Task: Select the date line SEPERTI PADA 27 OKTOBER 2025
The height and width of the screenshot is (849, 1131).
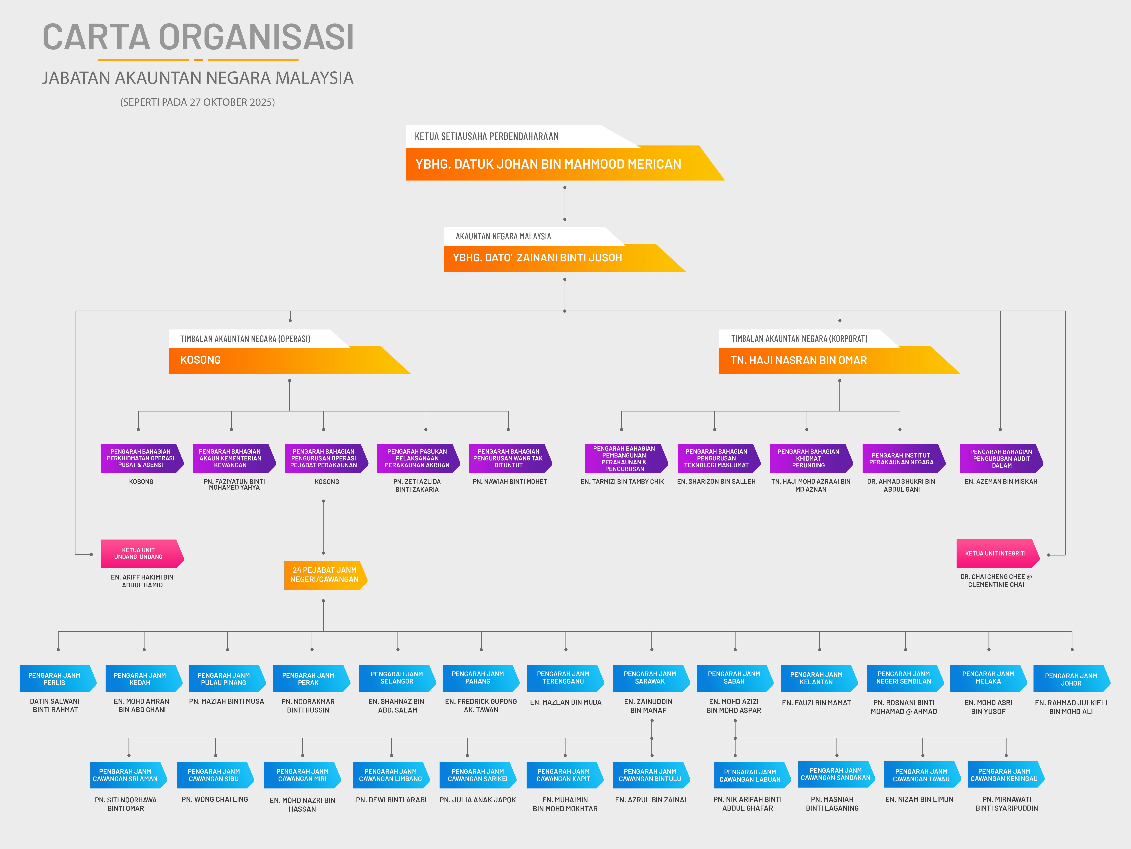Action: tap(197, 102)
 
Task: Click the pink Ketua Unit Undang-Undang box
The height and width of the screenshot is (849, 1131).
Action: tap(139, 554)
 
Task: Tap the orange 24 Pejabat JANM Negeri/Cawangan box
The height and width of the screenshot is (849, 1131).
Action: tap(324, 575)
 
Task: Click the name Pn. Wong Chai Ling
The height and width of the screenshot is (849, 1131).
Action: tap(215, 799)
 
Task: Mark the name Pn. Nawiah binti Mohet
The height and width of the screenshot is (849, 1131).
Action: tap(510, 482)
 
